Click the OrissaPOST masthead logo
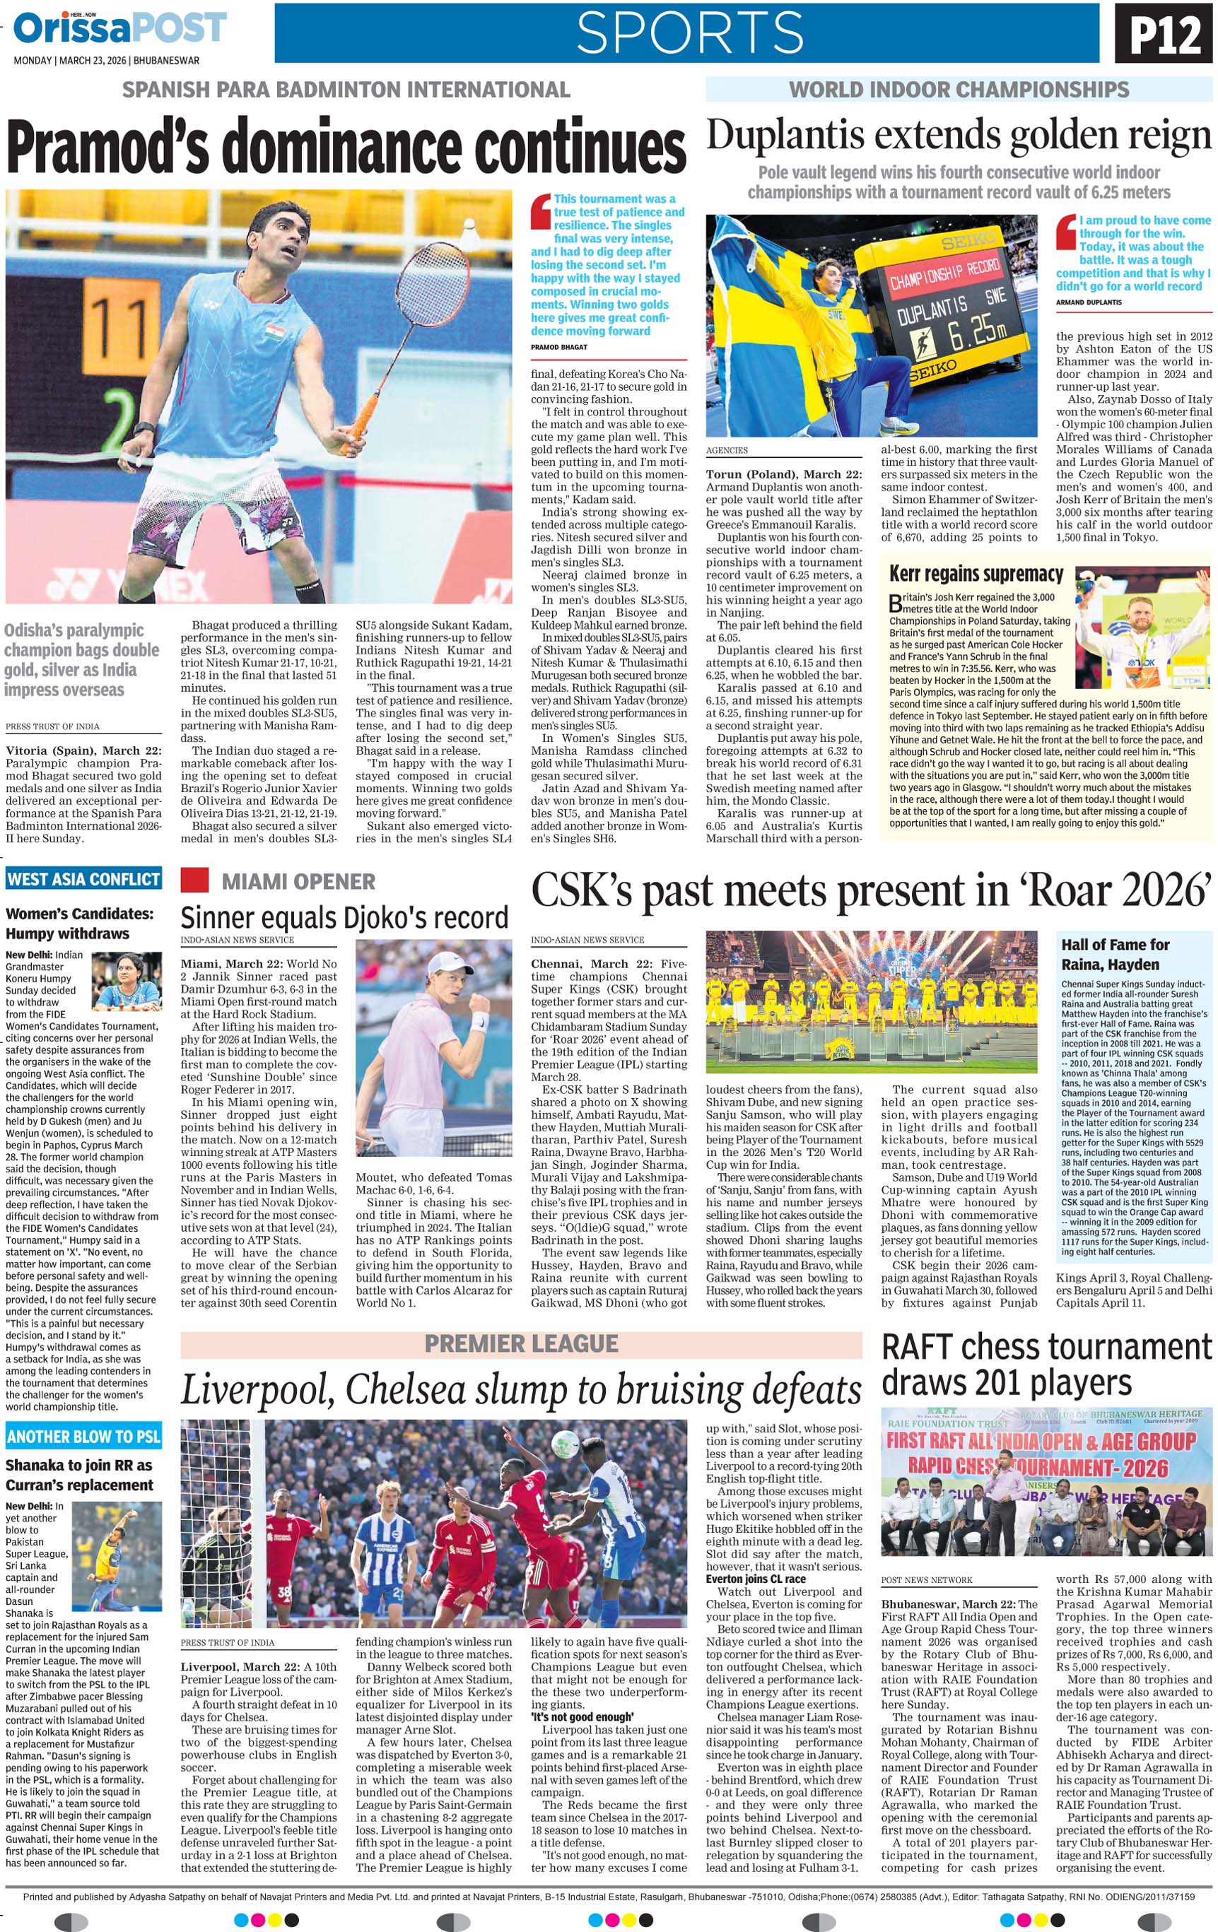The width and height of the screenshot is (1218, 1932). tap(120, 28)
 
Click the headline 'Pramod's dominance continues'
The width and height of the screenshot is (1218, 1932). tap(346, 147)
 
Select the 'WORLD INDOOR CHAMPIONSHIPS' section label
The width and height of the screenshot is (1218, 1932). tap(959, 89)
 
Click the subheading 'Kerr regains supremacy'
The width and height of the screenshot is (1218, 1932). tap(976, 575)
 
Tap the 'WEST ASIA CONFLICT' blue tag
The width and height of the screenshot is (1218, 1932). tap(83, 878)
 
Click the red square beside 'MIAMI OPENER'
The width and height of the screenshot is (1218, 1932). tap(194, 880)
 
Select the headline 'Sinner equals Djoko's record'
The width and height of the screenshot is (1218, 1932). tap(344, 917)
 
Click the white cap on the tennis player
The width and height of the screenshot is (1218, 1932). tap(450, 962)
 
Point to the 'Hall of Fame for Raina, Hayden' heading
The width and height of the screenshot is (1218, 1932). tap(1115, 954)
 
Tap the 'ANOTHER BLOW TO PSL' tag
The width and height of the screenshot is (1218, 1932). tap(83, 1435)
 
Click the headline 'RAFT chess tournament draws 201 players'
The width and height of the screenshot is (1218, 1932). tap(1046, 1365)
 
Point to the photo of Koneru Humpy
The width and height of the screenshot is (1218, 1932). tap(127, 980)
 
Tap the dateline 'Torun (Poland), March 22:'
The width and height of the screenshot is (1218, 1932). tap(783, 474)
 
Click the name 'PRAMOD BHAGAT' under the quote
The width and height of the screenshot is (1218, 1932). tap(559, 348)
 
